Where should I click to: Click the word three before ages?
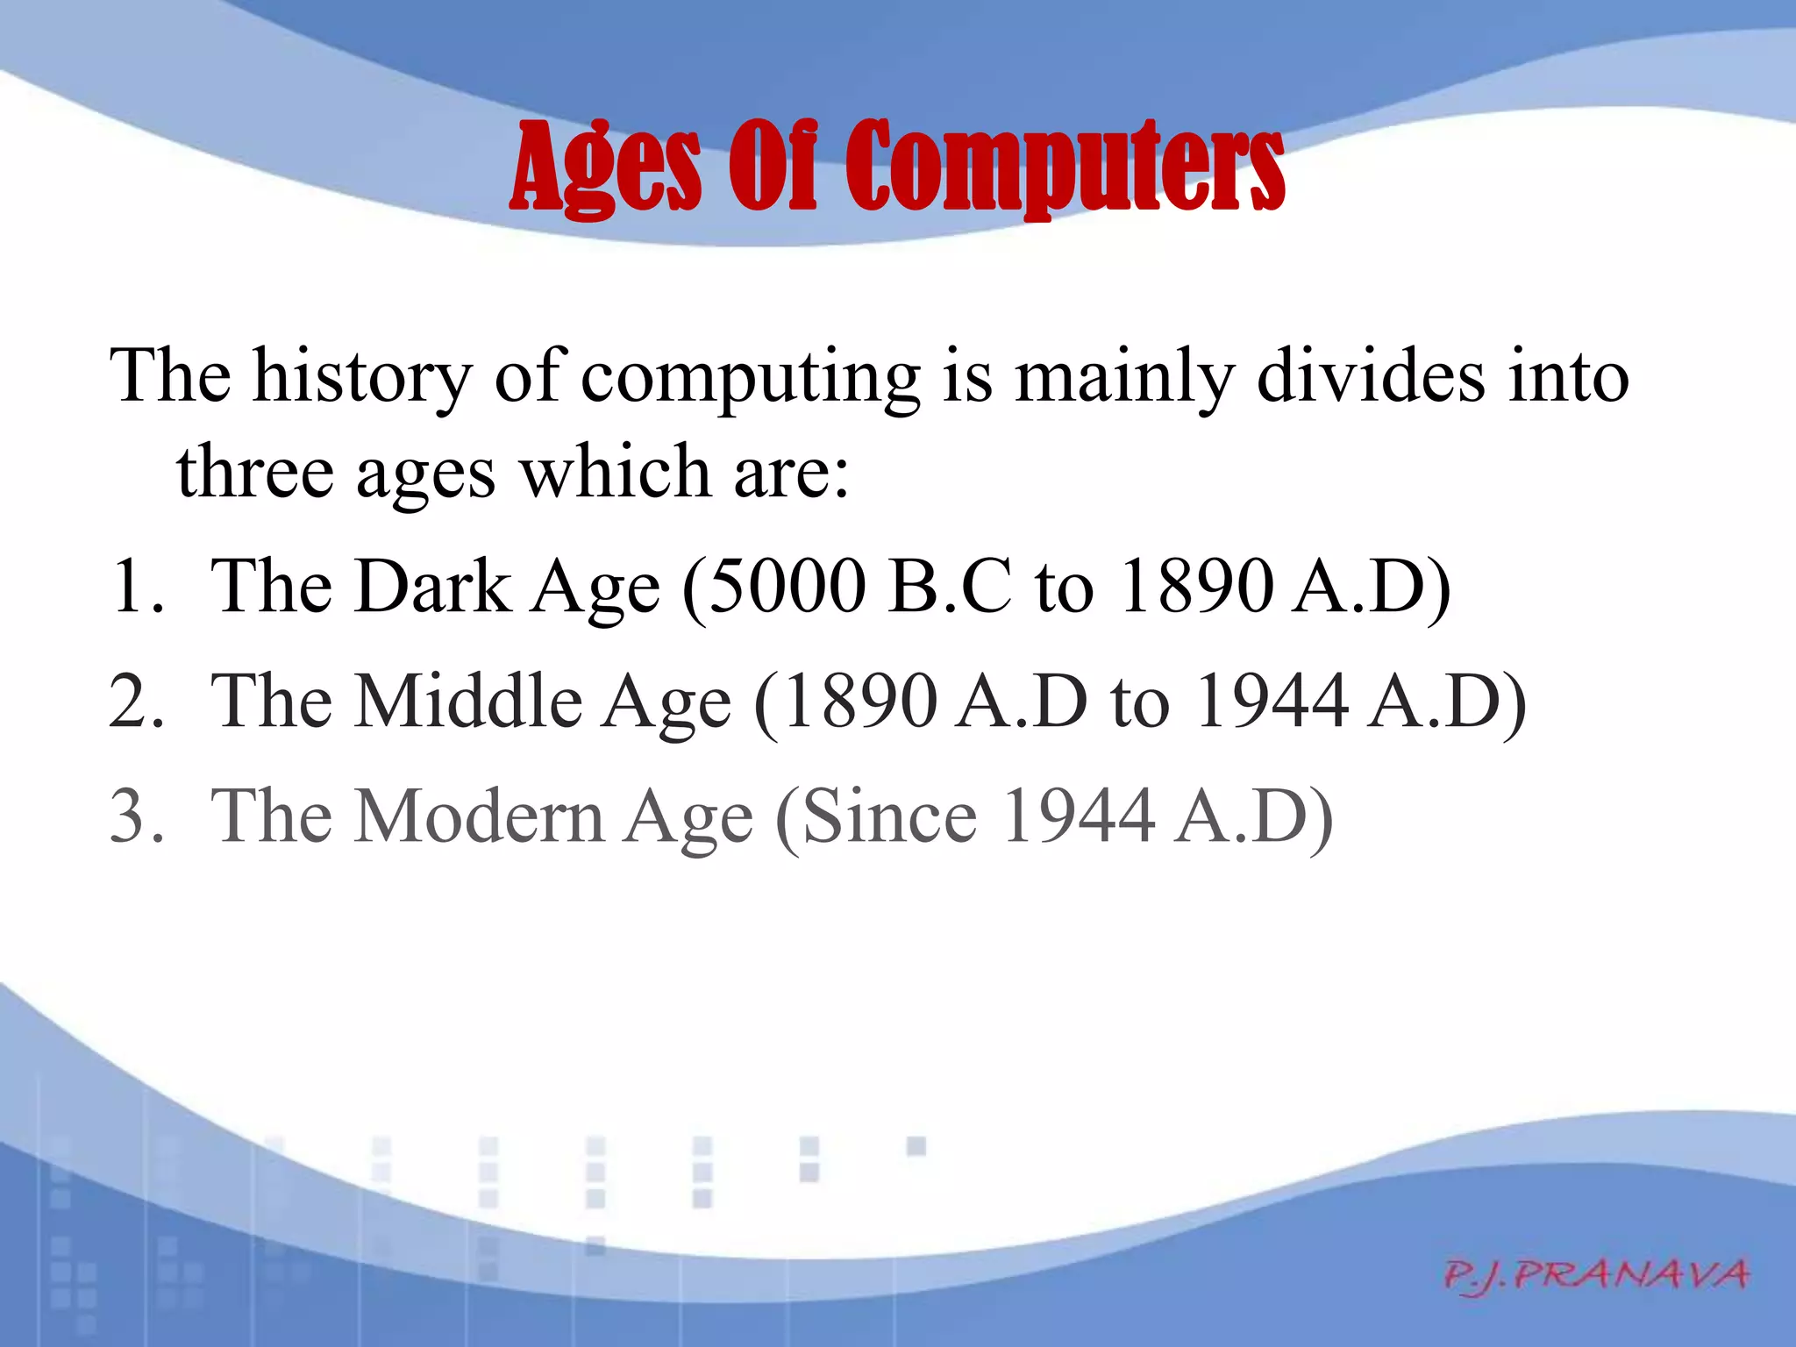point(255,472)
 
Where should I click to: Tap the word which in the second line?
point(615,472)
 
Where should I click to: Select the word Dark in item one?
point(433,586)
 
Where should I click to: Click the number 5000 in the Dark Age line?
point(786,586)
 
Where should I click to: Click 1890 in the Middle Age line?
point(860,701)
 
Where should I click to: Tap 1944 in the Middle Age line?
point(1272,701)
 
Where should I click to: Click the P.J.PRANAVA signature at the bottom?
point(1596,1274)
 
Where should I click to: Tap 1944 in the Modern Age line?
point(1078,816)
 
